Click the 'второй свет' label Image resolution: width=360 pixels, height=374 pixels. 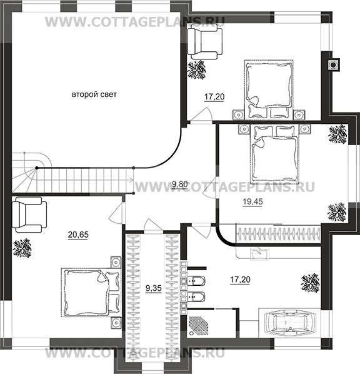tap(94, 94)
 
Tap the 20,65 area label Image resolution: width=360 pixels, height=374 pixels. tap(78, 235)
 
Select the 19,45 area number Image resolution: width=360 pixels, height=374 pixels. tap(252, 202)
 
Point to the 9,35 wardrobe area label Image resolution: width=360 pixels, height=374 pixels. tap(154, 288)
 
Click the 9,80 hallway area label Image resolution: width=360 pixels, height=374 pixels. tap(180, 184)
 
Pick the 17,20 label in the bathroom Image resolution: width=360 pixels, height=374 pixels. tap(241, 280)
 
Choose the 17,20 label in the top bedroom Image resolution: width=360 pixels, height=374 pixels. tap(214, 97)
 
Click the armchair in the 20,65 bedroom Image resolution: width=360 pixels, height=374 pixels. tap(29, 215)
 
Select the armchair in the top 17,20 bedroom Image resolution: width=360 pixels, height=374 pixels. tap(205, 41)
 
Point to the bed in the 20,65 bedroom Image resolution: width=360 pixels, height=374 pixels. tap(91, 292)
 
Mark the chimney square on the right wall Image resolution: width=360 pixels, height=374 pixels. tap(333, 64)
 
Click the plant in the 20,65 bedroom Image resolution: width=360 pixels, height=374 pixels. tap(22, 248)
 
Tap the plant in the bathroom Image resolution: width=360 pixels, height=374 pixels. tap(311, 283)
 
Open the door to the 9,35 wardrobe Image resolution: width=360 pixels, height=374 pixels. tap(153, 226)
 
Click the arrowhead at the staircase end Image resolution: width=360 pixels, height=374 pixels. tap(131, 180)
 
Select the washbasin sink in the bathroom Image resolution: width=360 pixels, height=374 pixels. tap(259, 253)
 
